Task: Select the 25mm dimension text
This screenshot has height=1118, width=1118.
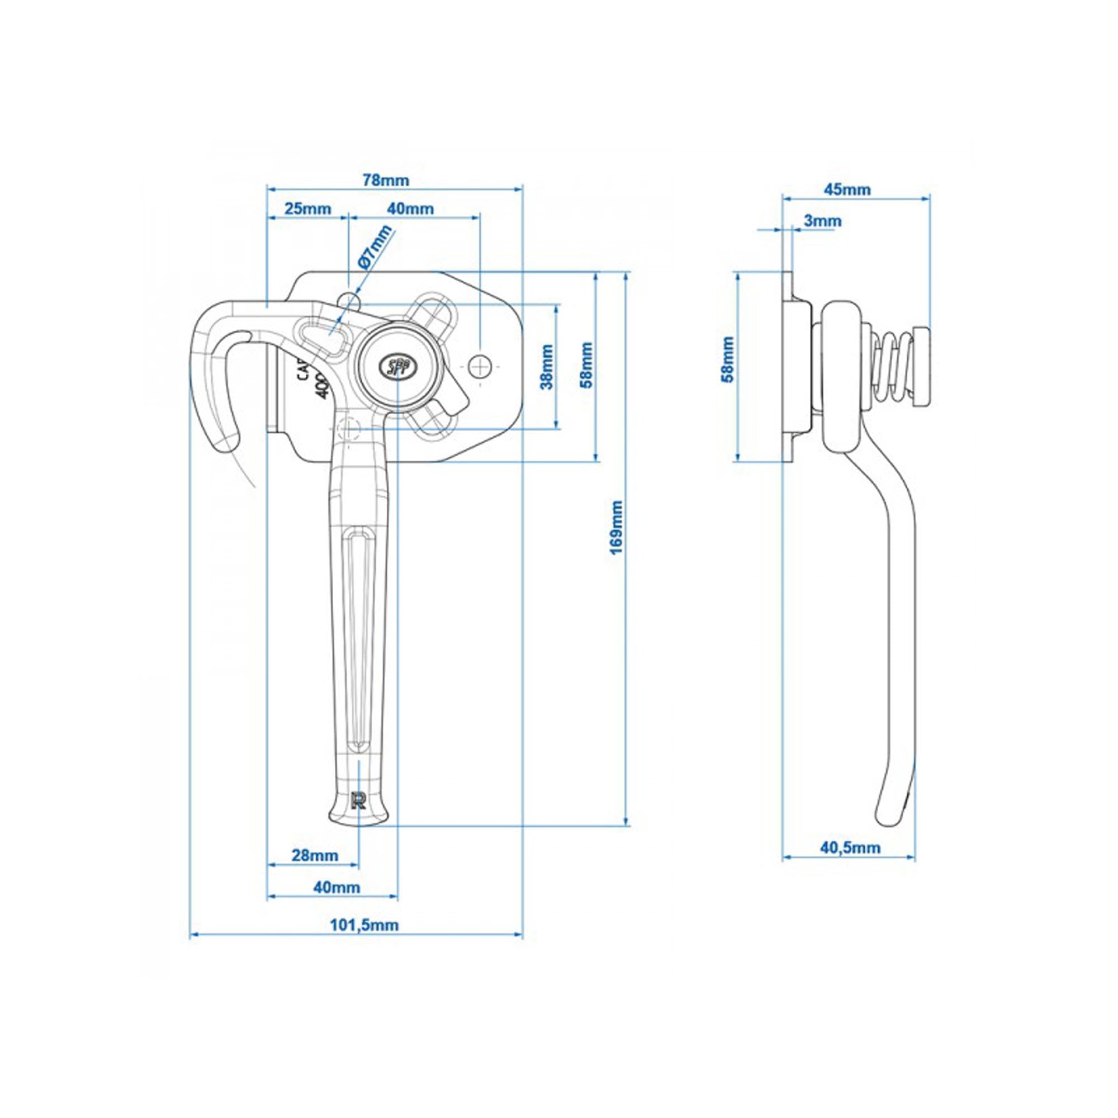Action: (309, 209)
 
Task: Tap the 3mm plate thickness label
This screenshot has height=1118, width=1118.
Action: (822, 221)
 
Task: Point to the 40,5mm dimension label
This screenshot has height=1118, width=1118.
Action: (850, 849)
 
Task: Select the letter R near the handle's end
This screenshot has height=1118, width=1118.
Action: (359, 800)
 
